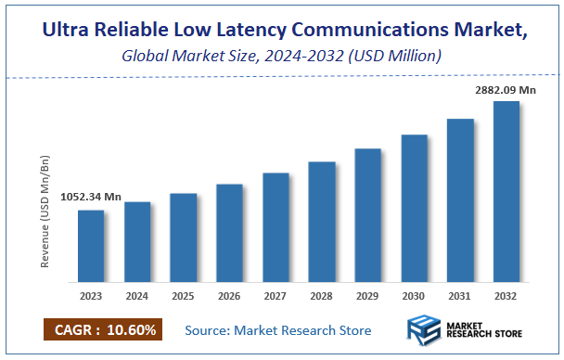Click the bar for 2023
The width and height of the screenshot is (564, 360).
(91, 245)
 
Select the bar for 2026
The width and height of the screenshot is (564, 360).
(229, 232)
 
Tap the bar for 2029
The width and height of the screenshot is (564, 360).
(367, 214)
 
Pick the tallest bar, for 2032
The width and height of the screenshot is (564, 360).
(506, 190)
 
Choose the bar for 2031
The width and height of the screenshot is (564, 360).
(460, 199)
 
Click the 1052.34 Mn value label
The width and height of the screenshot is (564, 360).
(91, 197)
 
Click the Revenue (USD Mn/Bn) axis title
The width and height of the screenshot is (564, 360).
(44, 214)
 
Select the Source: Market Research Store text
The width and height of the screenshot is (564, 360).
(277, 330)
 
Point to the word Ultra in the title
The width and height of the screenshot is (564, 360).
(70, 31)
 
